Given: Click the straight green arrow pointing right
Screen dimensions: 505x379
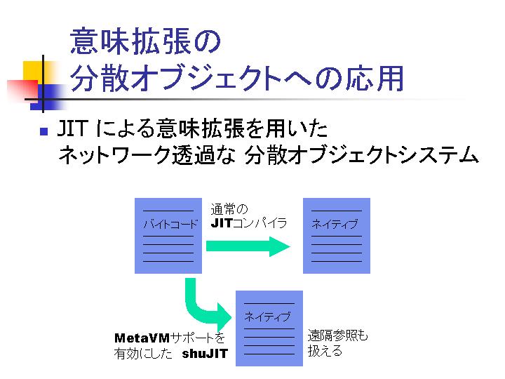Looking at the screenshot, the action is [248, 246].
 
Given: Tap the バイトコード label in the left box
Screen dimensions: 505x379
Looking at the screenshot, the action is [170, 224].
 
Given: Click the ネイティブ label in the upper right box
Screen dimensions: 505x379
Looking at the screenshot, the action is [335, 224].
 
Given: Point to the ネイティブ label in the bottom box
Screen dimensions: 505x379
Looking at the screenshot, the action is [268, 317].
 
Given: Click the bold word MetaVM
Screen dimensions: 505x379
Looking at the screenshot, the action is [142, 338].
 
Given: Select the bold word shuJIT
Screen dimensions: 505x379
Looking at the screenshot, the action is [205, 354].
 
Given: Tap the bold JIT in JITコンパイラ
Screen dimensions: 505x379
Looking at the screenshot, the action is [222, 223].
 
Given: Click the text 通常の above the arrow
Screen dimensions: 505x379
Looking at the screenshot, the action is [229, 209].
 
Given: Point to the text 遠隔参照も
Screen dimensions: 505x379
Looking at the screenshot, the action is [337, 335].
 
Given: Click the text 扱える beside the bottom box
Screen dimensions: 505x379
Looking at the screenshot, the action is [325, 351].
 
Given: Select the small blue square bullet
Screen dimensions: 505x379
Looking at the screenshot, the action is [44, 131].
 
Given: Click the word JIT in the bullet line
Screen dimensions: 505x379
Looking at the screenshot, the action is [72, 128].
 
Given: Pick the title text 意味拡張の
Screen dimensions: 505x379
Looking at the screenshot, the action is [145, 41].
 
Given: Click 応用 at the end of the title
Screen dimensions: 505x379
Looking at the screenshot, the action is [375, 79].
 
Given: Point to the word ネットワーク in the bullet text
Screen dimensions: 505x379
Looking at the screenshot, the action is [114, 155].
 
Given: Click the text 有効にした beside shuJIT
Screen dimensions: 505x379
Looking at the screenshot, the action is [143, 354].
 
